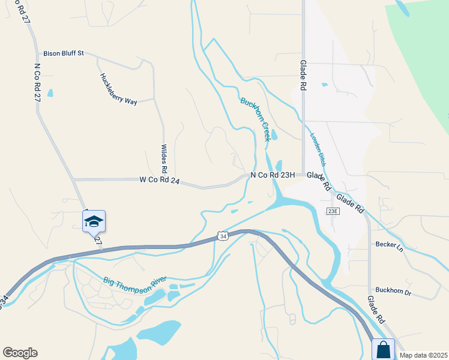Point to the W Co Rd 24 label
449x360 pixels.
[160, 179]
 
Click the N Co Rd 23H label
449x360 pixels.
[273, 175]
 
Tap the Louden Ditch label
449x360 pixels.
[318, 148]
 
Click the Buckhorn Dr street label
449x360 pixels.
[393, 292]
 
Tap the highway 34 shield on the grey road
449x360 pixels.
[223, 236]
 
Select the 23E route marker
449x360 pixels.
[333, 211]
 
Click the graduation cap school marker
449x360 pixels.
[94, 222]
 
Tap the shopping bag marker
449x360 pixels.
[383, 350]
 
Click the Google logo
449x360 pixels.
[20, 353]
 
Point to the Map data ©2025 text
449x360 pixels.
[423, 355]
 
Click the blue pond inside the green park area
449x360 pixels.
[403, 8]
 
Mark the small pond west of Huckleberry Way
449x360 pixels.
[50, 93]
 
